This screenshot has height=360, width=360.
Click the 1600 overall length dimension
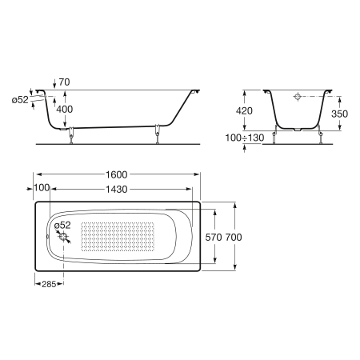[x=117, y=174]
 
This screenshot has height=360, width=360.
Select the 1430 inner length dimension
[x=117, y=190]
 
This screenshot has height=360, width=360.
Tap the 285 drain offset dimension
[x=49, y=284]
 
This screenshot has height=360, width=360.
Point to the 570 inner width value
[x=214, y=237]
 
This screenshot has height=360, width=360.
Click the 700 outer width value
[x=234, y=237]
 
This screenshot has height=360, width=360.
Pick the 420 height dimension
[x=244, y=110]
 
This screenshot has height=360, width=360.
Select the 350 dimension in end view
[x=339, y=114]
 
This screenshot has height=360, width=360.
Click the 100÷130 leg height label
[x=245, y=138]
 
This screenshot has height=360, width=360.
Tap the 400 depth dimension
[x=65, y=110]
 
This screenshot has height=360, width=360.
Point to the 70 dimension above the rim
[x=64, y=82]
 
